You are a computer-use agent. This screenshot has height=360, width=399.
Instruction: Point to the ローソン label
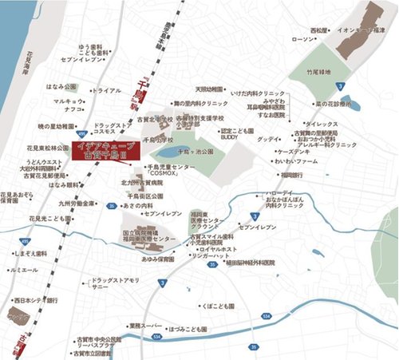tap(305, 39)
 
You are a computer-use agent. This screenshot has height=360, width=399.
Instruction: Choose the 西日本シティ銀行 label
tap(36, 300)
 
